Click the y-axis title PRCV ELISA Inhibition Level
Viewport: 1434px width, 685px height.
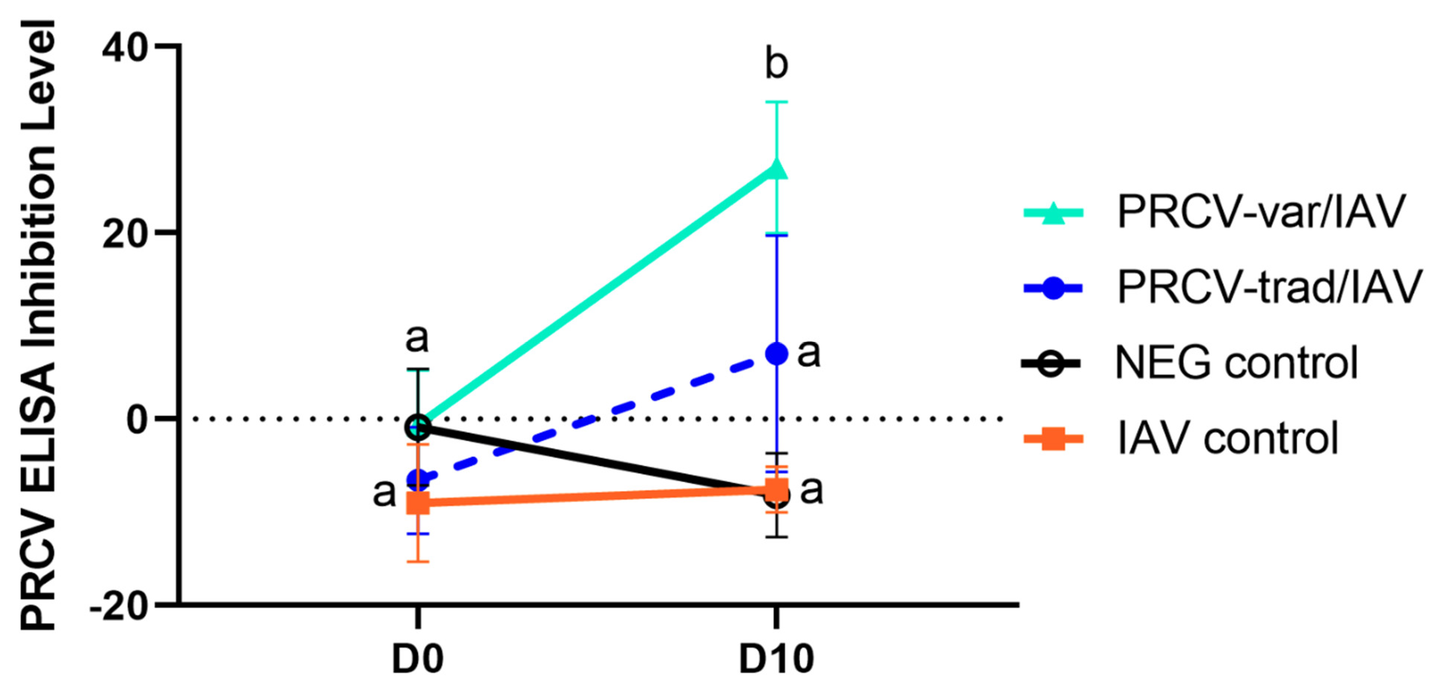(38, 326)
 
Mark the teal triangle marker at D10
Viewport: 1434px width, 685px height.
(777, 169)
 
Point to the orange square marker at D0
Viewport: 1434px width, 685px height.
(418, 504)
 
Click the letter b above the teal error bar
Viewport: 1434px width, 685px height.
(777, 64)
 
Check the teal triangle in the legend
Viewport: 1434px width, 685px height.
(1053, 213)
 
